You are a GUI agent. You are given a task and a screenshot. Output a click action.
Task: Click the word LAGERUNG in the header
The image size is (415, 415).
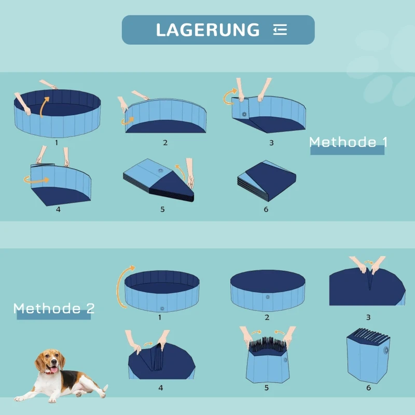coord(208,30)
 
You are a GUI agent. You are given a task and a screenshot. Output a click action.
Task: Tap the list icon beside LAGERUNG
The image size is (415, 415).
coord(280,30)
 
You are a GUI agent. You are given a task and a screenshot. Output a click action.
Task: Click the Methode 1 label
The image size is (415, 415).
coord(348,142)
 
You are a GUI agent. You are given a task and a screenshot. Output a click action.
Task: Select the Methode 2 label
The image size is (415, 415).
coord(54,309)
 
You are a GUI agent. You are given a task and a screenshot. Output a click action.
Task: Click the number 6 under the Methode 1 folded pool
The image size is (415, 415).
coord(266,209)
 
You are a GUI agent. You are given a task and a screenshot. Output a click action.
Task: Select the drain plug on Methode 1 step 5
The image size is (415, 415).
coord(161,171)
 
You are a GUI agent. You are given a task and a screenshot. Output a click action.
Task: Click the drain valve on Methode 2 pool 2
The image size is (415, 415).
coord(268,297)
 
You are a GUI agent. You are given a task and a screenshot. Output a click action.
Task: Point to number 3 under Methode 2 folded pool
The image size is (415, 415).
coord(368,317)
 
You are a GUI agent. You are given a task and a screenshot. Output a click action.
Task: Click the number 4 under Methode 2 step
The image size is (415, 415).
coord(160,387)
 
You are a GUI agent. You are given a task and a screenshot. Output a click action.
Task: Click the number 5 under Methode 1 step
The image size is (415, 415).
coord(162,210)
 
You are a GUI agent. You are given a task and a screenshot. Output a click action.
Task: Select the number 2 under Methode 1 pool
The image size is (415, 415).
coord(165,142)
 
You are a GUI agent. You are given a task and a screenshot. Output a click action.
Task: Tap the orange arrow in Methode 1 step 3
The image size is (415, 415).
coord(229,97)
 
